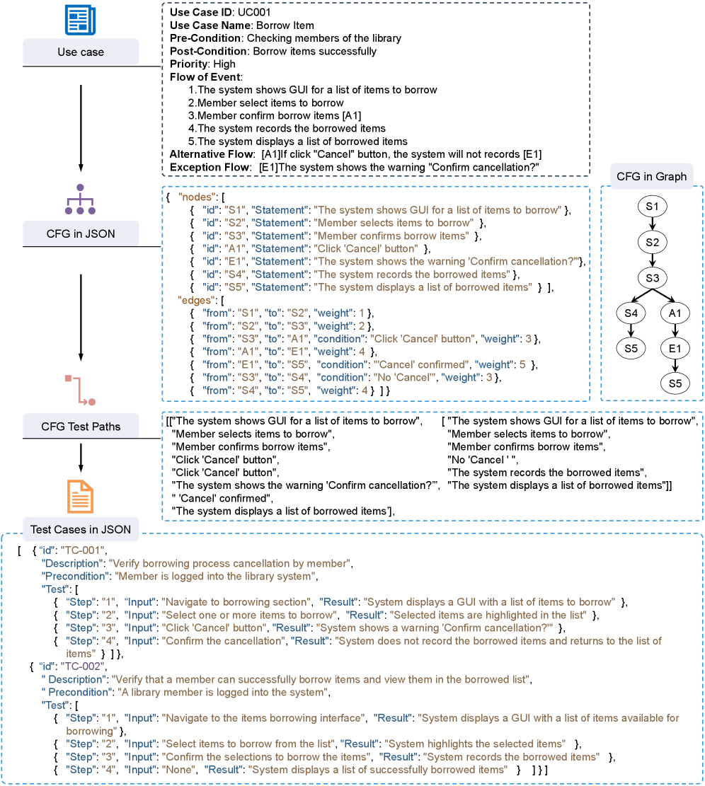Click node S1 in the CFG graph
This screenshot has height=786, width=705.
tap(652, 207)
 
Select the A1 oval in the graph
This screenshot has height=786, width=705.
tap(674, 313)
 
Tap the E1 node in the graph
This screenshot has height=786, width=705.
tap(674, 348)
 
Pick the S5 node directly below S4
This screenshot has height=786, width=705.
tap(630, 348)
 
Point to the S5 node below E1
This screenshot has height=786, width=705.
tap(674, 383)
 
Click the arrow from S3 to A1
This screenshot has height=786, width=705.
tap(663, 295)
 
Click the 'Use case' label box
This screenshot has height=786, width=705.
tap(81, 52)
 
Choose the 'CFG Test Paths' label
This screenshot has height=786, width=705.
tap(81, 426)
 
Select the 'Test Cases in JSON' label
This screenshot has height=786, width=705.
tap(81, 528)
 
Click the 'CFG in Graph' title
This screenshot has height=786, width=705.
tap(652, 176)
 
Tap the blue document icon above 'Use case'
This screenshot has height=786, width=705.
tap(80, 19)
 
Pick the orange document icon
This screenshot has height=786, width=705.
tap(80, 496)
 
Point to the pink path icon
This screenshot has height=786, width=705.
tap(80, 390)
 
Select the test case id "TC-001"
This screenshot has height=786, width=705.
tap(84, 550)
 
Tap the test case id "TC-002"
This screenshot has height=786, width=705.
tap(84, 666)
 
